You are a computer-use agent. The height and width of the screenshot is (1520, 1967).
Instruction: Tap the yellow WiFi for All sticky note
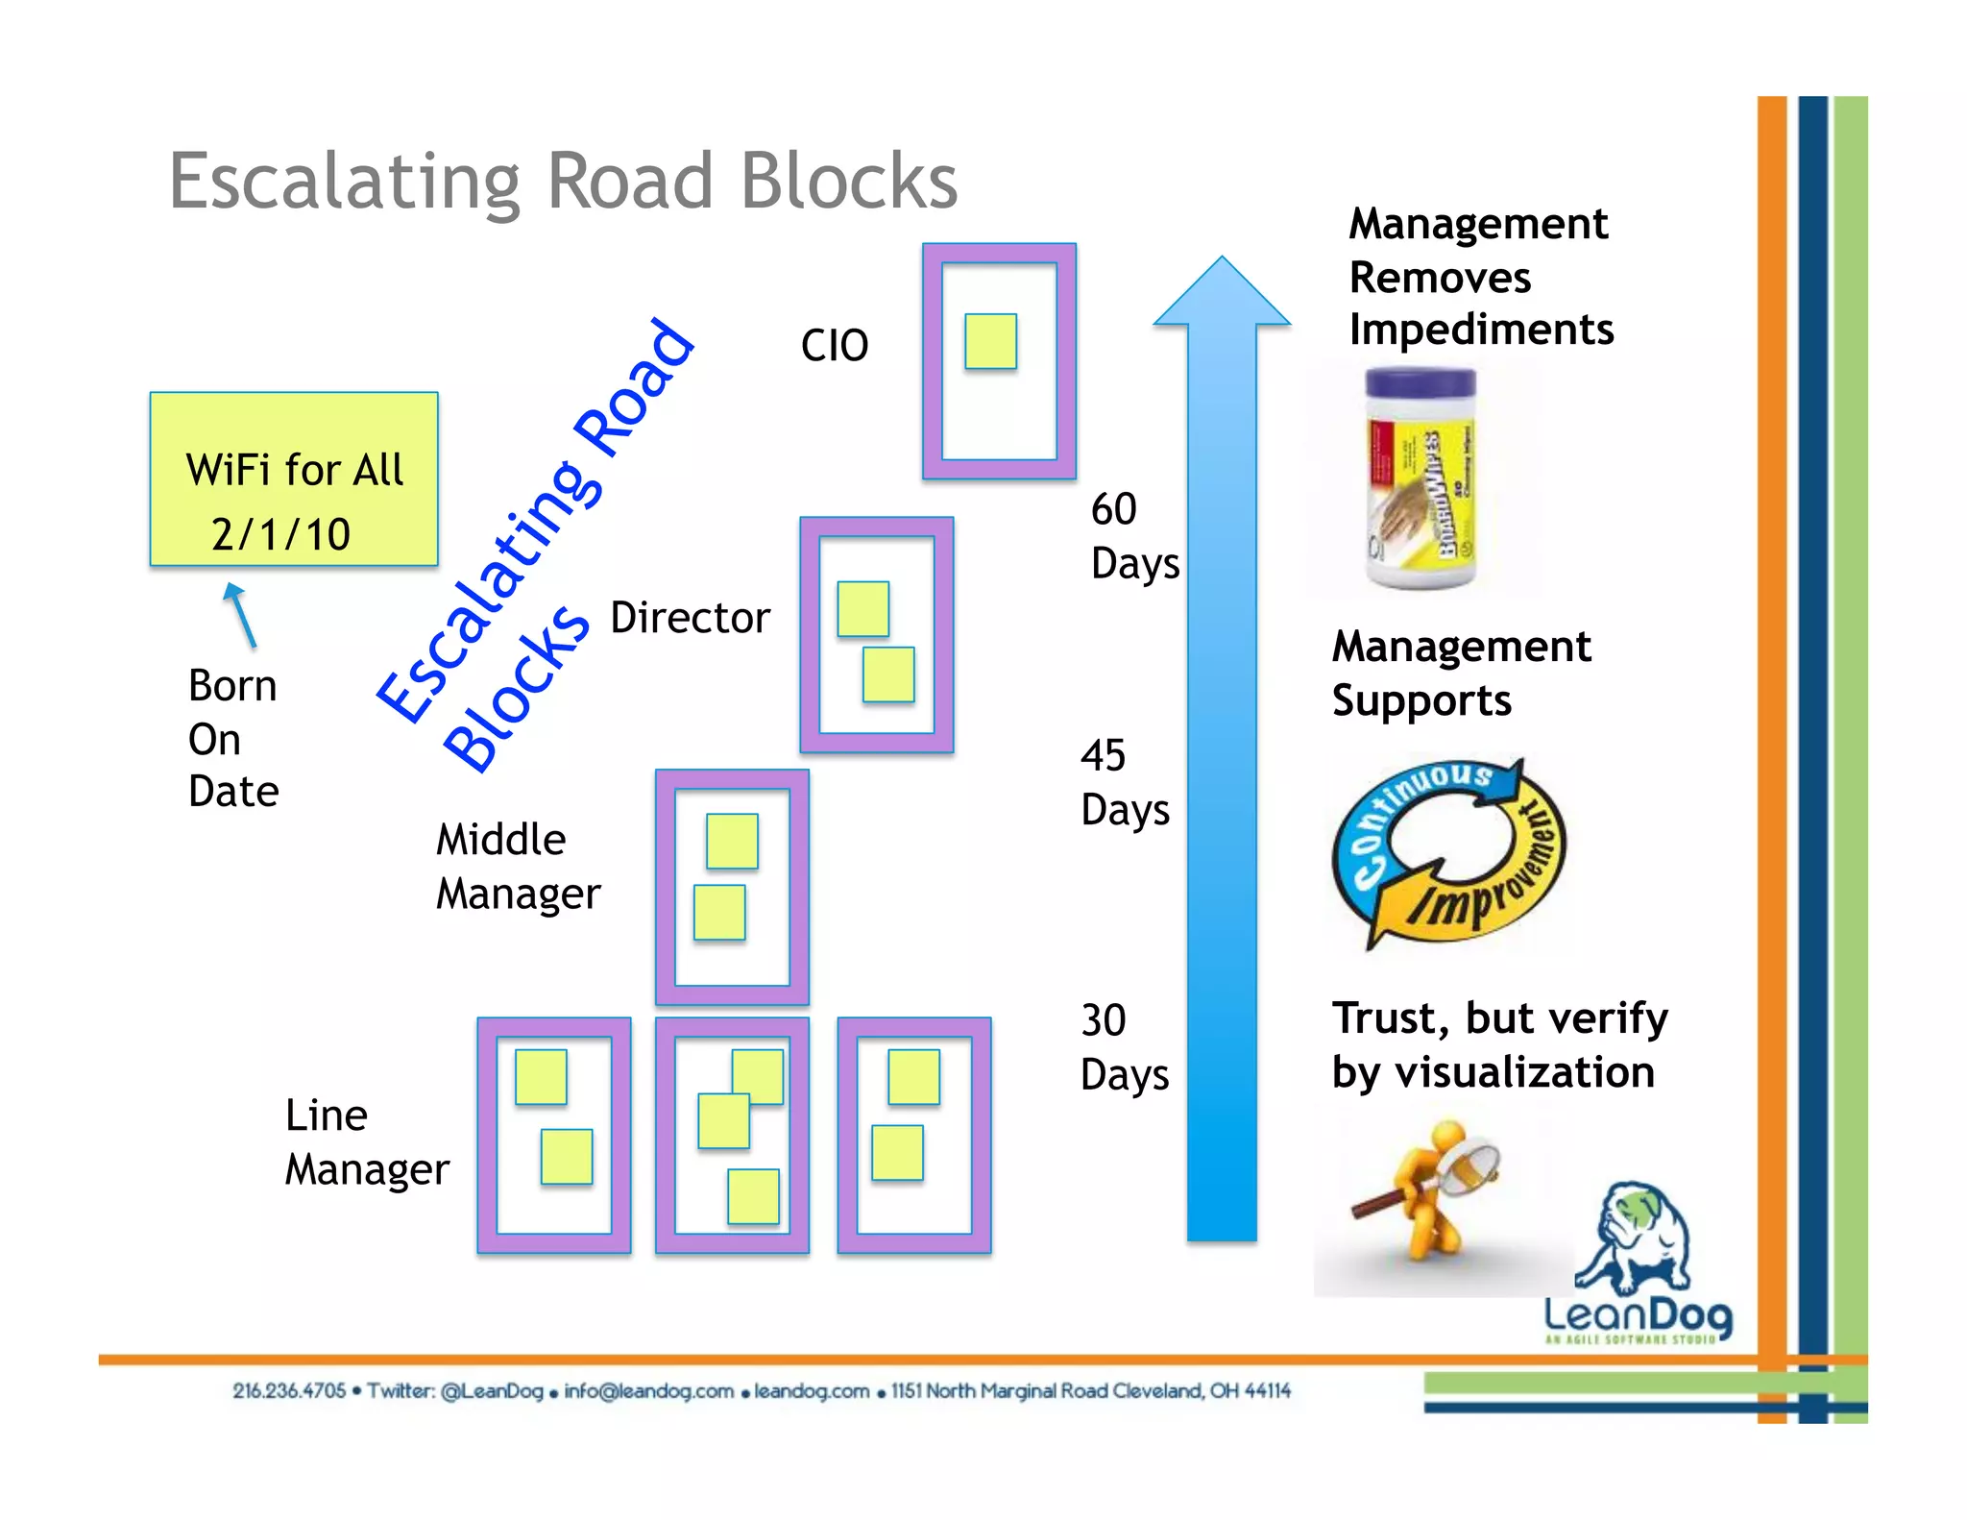tap(294, 478)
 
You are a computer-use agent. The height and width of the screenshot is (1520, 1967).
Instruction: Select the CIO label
tap(834, 346)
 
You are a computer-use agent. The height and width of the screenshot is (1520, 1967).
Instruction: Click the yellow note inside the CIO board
tap(990, 341)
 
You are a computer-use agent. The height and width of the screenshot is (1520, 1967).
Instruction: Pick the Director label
tap(690, 618)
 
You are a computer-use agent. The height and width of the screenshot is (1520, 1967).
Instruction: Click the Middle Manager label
tap(518, 866)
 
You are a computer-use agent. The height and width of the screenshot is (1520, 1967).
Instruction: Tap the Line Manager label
tap(366, 1141)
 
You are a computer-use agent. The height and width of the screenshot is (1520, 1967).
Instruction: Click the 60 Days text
tap(1133, 535)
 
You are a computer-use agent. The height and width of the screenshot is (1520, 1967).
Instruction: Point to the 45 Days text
tap(1124, 782)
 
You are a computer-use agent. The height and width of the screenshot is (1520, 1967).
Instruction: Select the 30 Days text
tap(1124, 1046)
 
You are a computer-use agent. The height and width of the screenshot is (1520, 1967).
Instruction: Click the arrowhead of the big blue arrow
tap(1221, 294)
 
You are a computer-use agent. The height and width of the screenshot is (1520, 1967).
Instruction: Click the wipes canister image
tap(1421, 478)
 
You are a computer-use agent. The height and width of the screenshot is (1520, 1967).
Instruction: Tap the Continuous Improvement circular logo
tap(1448, 851)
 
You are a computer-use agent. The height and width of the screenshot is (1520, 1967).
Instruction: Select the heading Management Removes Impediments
tap(1480, 277)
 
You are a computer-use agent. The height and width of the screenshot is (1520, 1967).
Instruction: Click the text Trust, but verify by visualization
tap(1498, 1044)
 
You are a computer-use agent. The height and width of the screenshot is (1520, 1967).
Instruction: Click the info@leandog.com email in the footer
tap(648, 1390)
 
